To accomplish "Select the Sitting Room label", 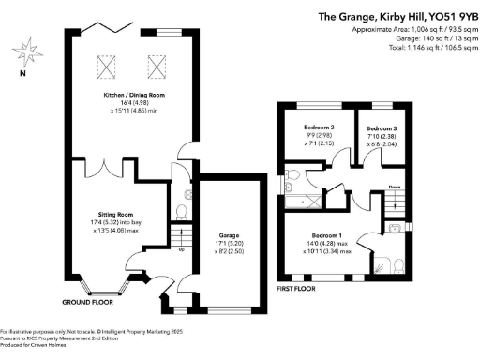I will point(118,214).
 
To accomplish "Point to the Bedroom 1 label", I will point(327,234).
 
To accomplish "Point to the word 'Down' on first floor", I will point(395,186).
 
